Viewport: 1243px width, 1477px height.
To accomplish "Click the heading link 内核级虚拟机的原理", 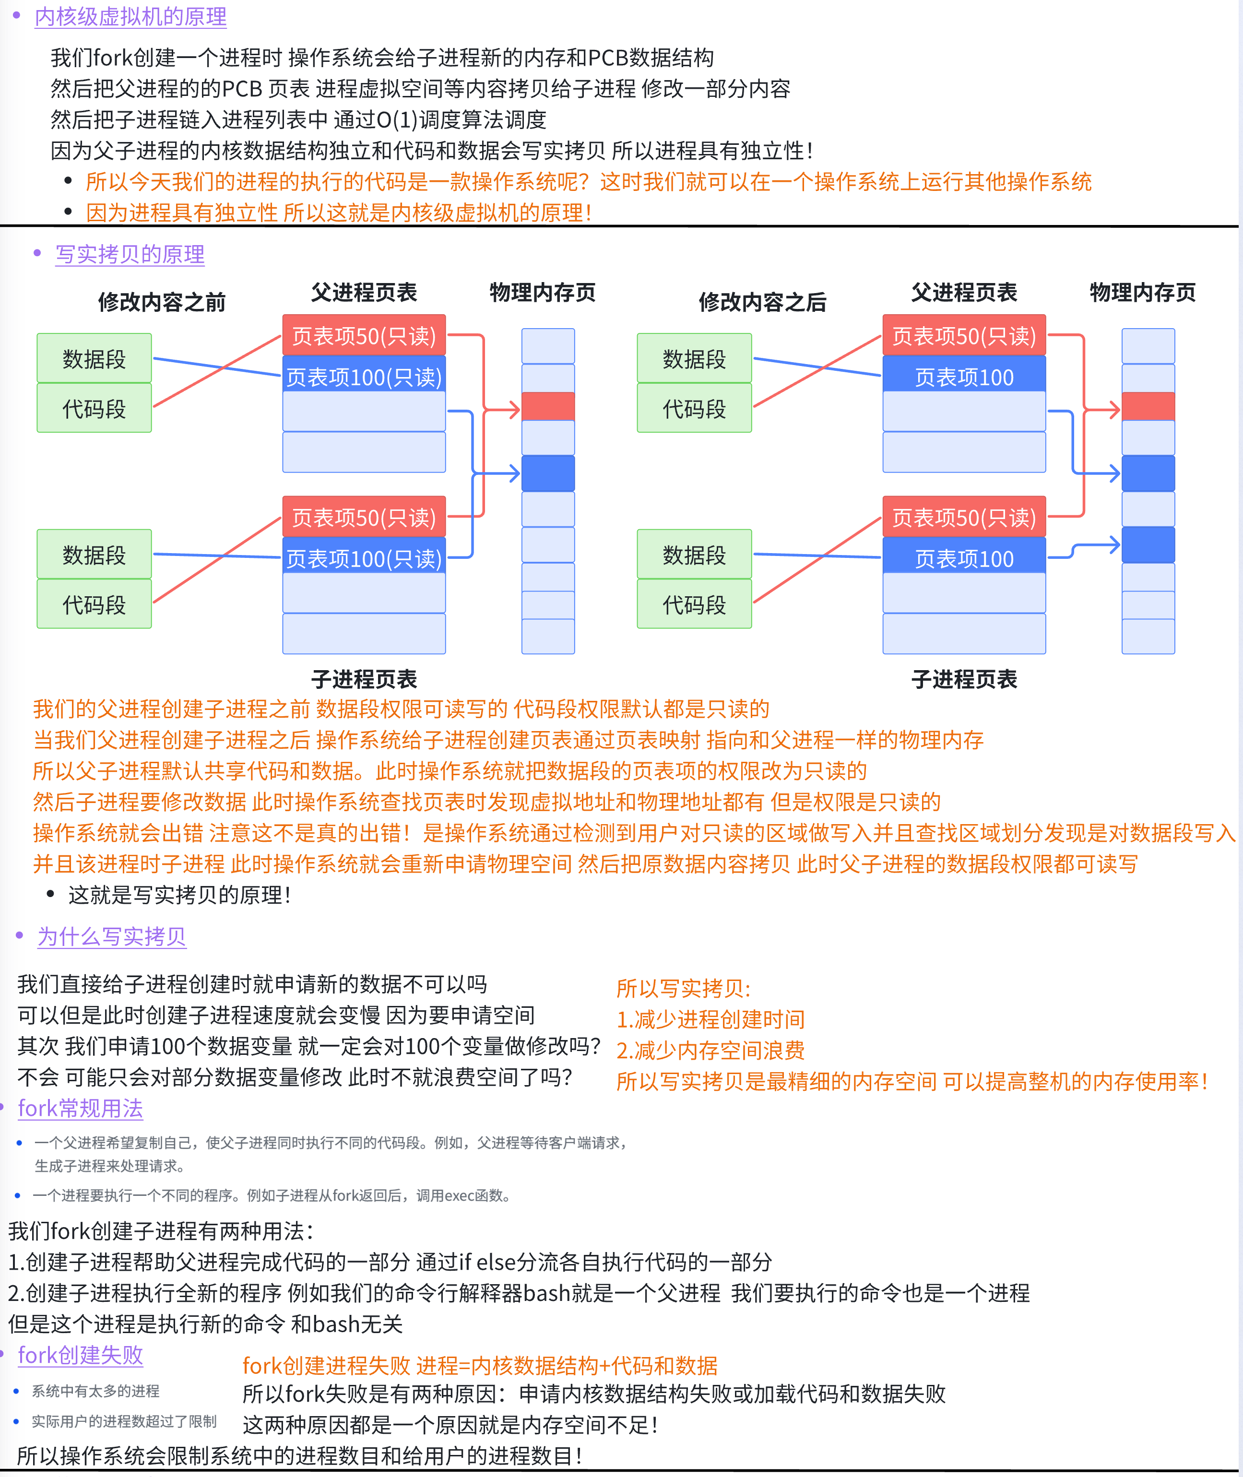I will tap(130, 16).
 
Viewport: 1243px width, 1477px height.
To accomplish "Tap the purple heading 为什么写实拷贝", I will tap(111, 936).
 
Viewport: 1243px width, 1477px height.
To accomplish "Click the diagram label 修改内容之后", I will tap(762, 302).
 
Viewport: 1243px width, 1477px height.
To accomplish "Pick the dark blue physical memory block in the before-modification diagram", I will tap(547, 473).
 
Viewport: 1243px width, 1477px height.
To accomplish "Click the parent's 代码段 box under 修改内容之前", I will tap(94, 408).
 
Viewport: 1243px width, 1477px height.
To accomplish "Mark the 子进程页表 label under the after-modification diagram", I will tap(963, 679).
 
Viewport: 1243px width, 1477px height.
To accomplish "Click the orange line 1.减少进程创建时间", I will tap(710, 1018).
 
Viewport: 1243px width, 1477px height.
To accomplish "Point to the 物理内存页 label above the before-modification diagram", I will tap(542, 292).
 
